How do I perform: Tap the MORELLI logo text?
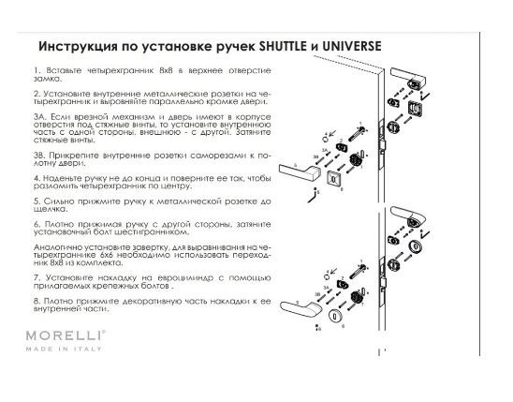pyautogui.click(x=70, y=335)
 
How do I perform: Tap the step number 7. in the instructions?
pyautogui.click(x=36, y=278)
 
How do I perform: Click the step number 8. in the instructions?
pyautogui.click(x=36, y=300)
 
